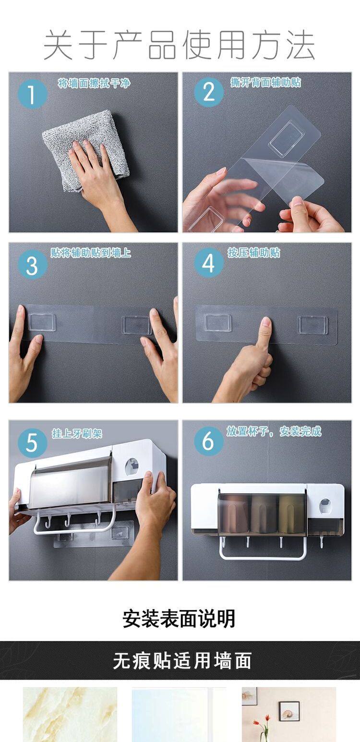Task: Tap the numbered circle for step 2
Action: [x=208, y=92]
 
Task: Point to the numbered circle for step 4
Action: [x=208, y=263]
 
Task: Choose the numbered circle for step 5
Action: [x=32, y=443]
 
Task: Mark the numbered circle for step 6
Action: [x=208, y=441]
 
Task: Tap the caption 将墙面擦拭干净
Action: [x=94, y=83]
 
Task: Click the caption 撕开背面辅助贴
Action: [x=266, y=82]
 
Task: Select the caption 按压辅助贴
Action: [x=254, y=253]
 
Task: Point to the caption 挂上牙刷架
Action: [x=77, y=433]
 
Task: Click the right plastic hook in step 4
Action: [x=313, y=324]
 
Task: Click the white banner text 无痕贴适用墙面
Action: [x=182, y=660]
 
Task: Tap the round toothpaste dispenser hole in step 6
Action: [x=326, y=506]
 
